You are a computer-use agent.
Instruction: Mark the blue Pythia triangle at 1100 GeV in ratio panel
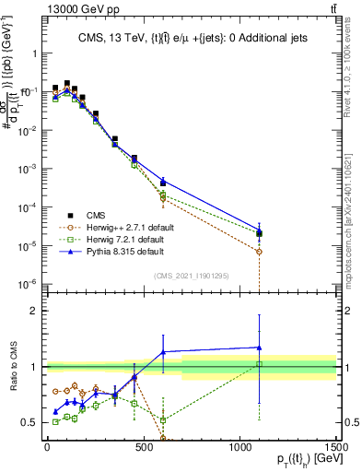pos(260,348)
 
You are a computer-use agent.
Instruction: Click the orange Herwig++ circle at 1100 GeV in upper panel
pos(260,252)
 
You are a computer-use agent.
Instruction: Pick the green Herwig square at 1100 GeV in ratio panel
pos(260,364)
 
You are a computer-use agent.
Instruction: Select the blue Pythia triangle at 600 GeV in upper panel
pos(163,182)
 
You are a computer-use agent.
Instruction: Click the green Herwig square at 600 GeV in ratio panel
pos(163,420)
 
